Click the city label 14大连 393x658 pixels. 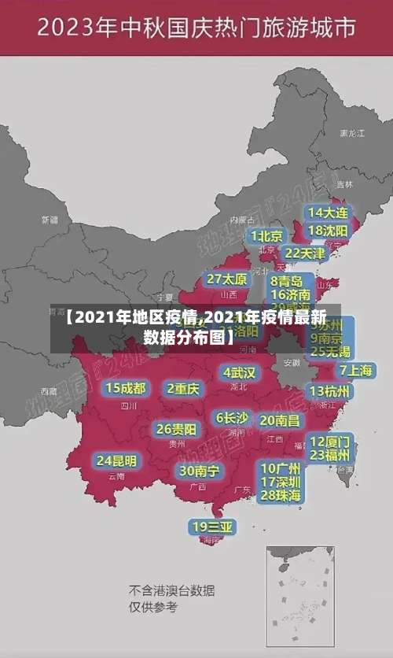[328, 213]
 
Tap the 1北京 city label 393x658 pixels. [266, 236]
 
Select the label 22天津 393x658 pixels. [304, 253]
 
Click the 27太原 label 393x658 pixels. [227, 279]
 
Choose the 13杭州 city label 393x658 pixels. [331, 391]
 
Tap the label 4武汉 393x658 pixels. [239, 372]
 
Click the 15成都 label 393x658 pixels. [126, 388]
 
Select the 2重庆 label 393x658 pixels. [183, 389]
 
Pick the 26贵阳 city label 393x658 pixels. [176, 429]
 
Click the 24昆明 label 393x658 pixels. [116, 460]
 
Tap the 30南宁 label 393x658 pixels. [199, 471]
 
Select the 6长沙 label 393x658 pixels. [232, 418]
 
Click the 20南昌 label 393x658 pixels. [280, 420]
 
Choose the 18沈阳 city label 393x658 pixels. [328, 231]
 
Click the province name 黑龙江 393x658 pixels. [351, 134]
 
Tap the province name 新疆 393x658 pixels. [50, 220]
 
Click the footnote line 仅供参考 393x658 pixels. [153, 607]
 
